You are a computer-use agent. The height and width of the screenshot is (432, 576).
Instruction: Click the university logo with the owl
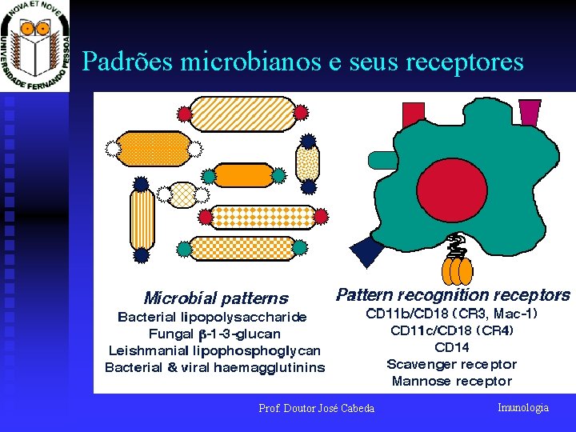pyautogui.click(x=35, y=46)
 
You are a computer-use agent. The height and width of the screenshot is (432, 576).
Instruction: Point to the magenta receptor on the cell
pyautogui.click(x=530, y=112)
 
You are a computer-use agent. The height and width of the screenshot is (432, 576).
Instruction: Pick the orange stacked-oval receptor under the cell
pyautogui.click(x=458, y=269)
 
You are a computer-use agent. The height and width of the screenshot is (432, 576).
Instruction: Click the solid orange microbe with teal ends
pyautogui.click(x=245, y=174)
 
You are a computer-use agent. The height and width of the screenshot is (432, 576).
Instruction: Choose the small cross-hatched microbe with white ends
pyautogui.click(x=184, y=194)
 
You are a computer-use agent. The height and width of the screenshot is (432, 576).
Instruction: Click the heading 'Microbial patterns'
pyautogui.click(x=215, y=298)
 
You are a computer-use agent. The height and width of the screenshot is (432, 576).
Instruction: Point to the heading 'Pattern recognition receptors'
pyautogui.click(x=453, y=295)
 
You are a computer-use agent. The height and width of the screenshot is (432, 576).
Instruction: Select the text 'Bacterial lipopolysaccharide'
pyautogui.click(x=212, y=317)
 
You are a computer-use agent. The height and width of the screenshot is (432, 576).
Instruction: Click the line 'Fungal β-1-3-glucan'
pyautogui.click(x=214, y=334)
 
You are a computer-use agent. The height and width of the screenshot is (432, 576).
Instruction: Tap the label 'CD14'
pyautogui.click(x=452, y=347)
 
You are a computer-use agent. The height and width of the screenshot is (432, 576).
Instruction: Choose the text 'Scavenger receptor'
pyautogui.click(x=452, y=364)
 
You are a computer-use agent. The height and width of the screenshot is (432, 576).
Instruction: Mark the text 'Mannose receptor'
pyautogui.click(x=452, y=381)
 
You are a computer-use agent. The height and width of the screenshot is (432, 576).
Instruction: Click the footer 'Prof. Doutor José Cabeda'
pyautogui.click(x=316, y=409)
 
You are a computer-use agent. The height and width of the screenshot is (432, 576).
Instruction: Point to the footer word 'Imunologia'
pyautogui.click(x=523, y=408)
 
